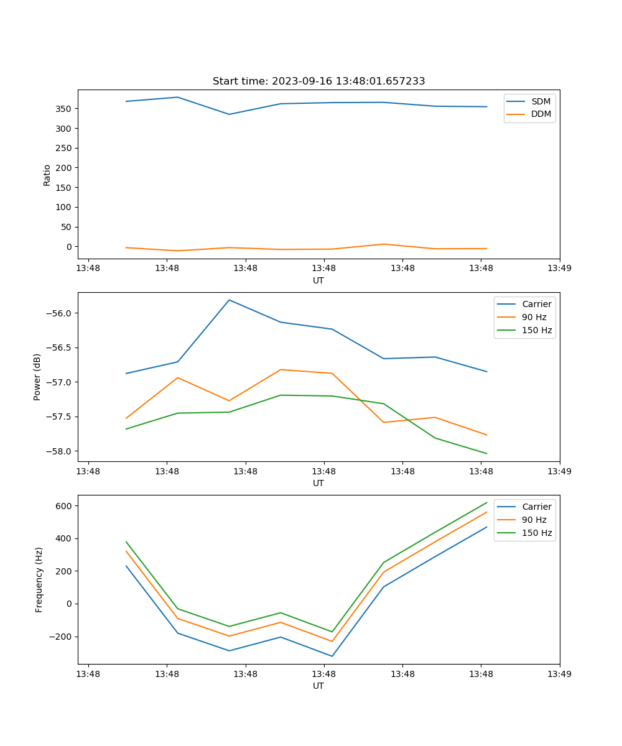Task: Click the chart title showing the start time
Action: point(318,81)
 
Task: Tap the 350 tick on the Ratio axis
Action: point(64,109)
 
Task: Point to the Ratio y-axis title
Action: point(47,175)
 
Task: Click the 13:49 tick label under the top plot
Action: point(559,269)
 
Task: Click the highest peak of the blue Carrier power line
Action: point(230,300)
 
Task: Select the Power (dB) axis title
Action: point(37,377)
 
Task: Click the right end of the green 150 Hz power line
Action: point(486,453)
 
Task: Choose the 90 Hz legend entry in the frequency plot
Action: point(534,520)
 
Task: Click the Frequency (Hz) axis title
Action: point(39,579)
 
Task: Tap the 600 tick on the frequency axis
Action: point(64,506)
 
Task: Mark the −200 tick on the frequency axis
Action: point(61,637)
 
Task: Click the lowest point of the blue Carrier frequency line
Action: point(332,656)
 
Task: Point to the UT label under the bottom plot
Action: point(318,686)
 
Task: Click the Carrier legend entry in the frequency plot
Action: point(536,507)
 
